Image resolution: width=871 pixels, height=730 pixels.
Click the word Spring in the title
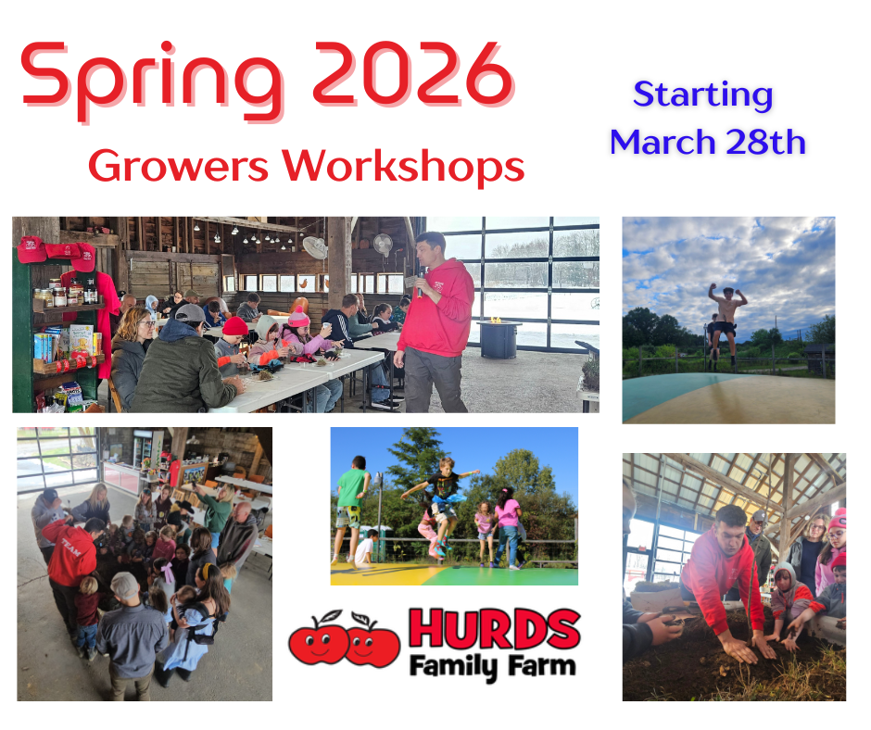(151, 81)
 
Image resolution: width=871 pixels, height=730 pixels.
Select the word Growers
(178, 166)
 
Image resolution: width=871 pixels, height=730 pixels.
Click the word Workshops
(403, 166)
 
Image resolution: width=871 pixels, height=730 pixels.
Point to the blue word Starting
(702, 95)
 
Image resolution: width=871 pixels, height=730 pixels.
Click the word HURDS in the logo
(495, 629)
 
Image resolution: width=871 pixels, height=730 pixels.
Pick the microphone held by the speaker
(421, 283)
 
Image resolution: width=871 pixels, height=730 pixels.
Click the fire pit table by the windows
(499, 338)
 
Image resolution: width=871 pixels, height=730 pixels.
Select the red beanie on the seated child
(234, 326)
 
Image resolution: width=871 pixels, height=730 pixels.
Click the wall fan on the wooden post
(314, 247)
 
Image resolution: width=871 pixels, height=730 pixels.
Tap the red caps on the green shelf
(56, 250)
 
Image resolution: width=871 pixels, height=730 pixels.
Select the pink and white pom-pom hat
(298, 317)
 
